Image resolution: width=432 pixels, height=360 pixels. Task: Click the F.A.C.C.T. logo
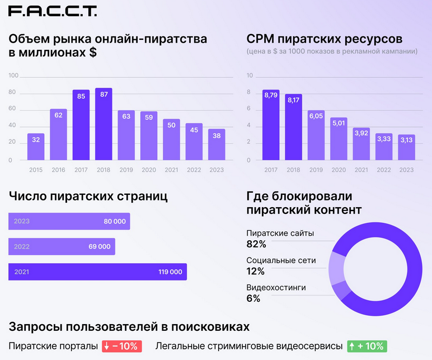click(53, 12)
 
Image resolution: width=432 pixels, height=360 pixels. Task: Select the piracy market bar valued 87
click(104, 124)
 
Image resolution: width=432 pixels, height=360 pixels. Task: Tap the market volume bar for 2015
click(36, 147)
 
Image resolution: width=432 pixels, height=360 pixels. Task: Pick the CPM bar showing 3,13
click(406, 147)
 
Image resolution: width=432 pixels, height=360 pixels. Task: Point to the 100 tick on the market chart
click(13, 76)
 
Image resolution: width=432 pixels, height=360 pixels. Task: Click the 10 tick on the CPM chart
click(250, 76)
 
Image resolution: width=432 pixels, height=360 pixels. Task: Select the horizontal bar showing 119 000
click(97, 272)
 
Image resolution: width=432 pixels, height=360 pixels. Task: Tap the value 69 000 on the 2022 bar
click(99, 246)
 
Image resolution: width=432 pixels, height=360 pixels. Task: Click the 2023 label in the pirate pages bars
click(22, 221)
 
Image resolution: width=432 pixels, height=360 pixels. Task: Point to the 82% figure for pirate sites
click(256, 244)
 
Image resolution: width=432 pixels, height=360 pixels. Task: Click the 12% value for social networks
click(256, 272)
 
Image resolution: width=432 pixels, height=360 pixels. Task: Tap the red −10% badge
click(122, 346)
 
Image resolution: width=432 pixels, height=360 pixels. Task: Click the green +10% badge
click(367, 346)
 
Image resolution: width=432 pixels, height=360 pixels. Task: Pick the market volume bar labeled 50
click(171, 140)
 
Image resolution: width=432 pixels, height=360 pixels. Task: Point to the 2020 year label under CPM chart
click(339, 170)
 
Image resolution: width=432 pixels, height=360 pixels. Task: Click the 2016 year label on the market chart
click(58, 170)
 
